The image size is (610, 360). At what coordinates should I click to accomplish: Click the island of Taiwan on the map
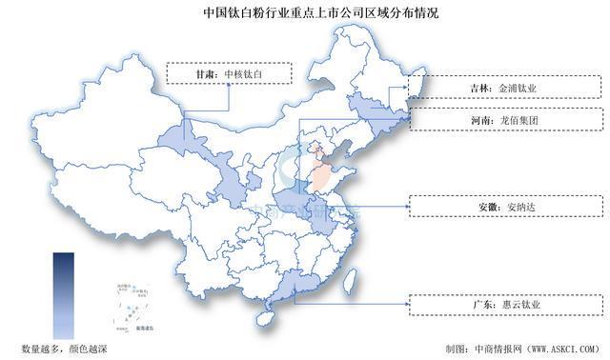click(x=350, y=282)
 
